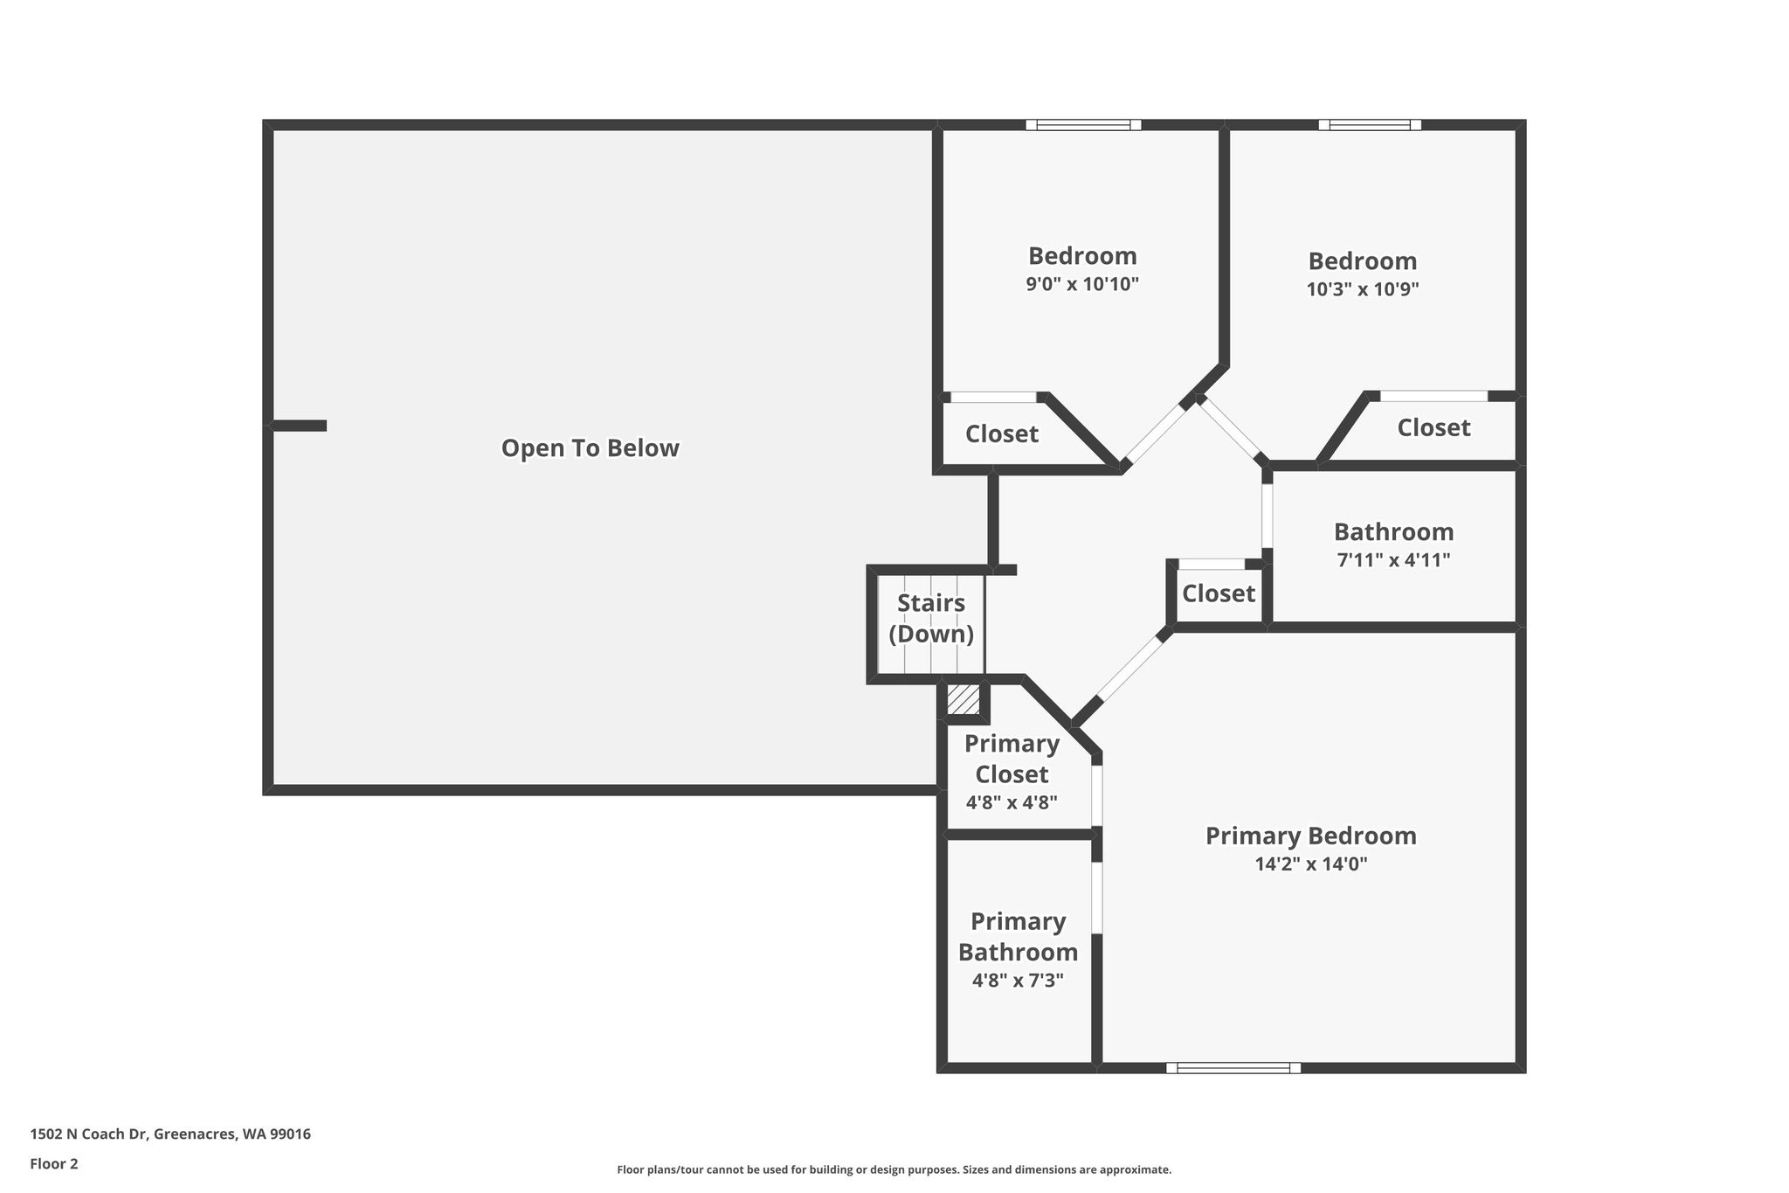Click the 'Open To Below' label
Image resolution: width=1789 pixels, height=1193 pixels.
click(x=590, y=448)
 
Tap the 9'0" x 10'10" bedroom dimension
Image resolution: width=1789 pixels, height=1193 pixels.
click(x=1082, y=284)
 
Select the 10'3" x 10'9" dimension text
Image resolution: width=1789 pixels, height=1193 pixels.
click(x=1363, y=289)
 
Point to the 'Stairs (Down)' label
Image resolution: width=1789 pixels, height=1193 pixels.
click(x=931, y=618)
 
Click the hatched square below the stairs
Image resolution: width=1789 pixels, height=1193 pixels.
click(x=964, y=698)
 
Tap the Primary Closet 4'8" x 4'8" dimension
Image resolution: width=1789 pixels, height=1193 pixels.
click(x=1012, y=802)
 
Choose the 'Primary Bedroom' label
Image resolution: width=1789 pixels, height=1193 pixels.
click(x=1310, y=836)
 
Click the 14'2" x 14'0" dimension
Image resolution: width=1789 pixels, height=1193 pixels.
click(x=1310, y=864)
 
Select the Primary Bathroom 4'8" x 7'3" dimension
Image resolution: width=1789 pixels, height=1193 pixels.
click(x=1018, y=981)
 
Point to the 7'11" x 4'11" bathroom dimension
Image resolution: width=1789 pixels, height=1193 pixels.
click(x=1393, y=560)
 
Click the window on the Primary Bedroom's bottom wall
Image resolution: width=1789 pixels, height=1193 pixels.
click(x=1233, y=1068)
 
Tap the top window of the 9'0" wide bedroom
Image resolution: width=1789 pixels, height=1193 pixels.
click(x=1083, y=125)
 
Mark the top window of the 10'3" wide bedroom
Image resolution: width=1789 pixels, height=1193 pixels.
click(x=1370, y=125)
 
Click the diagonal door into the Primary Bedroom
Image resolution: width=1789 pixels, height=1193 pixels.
click(x=1130, y=669)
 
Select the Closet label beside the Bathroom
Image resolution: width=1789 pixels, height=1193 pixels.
click(x=1219, y=593)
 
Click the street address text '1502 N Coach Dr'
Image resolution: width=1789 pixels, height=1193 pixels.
click(x=89, y=1134)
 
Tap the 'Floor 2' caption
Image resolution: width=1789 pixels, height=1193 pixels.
click(x=54, y=1164)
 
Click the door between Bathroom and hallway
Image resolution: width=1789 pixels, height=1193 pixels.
click(x=1267, y=516)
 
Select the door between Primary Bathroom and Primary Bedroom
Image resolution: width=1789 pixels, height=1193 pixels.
click(x=1097, y=898)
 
